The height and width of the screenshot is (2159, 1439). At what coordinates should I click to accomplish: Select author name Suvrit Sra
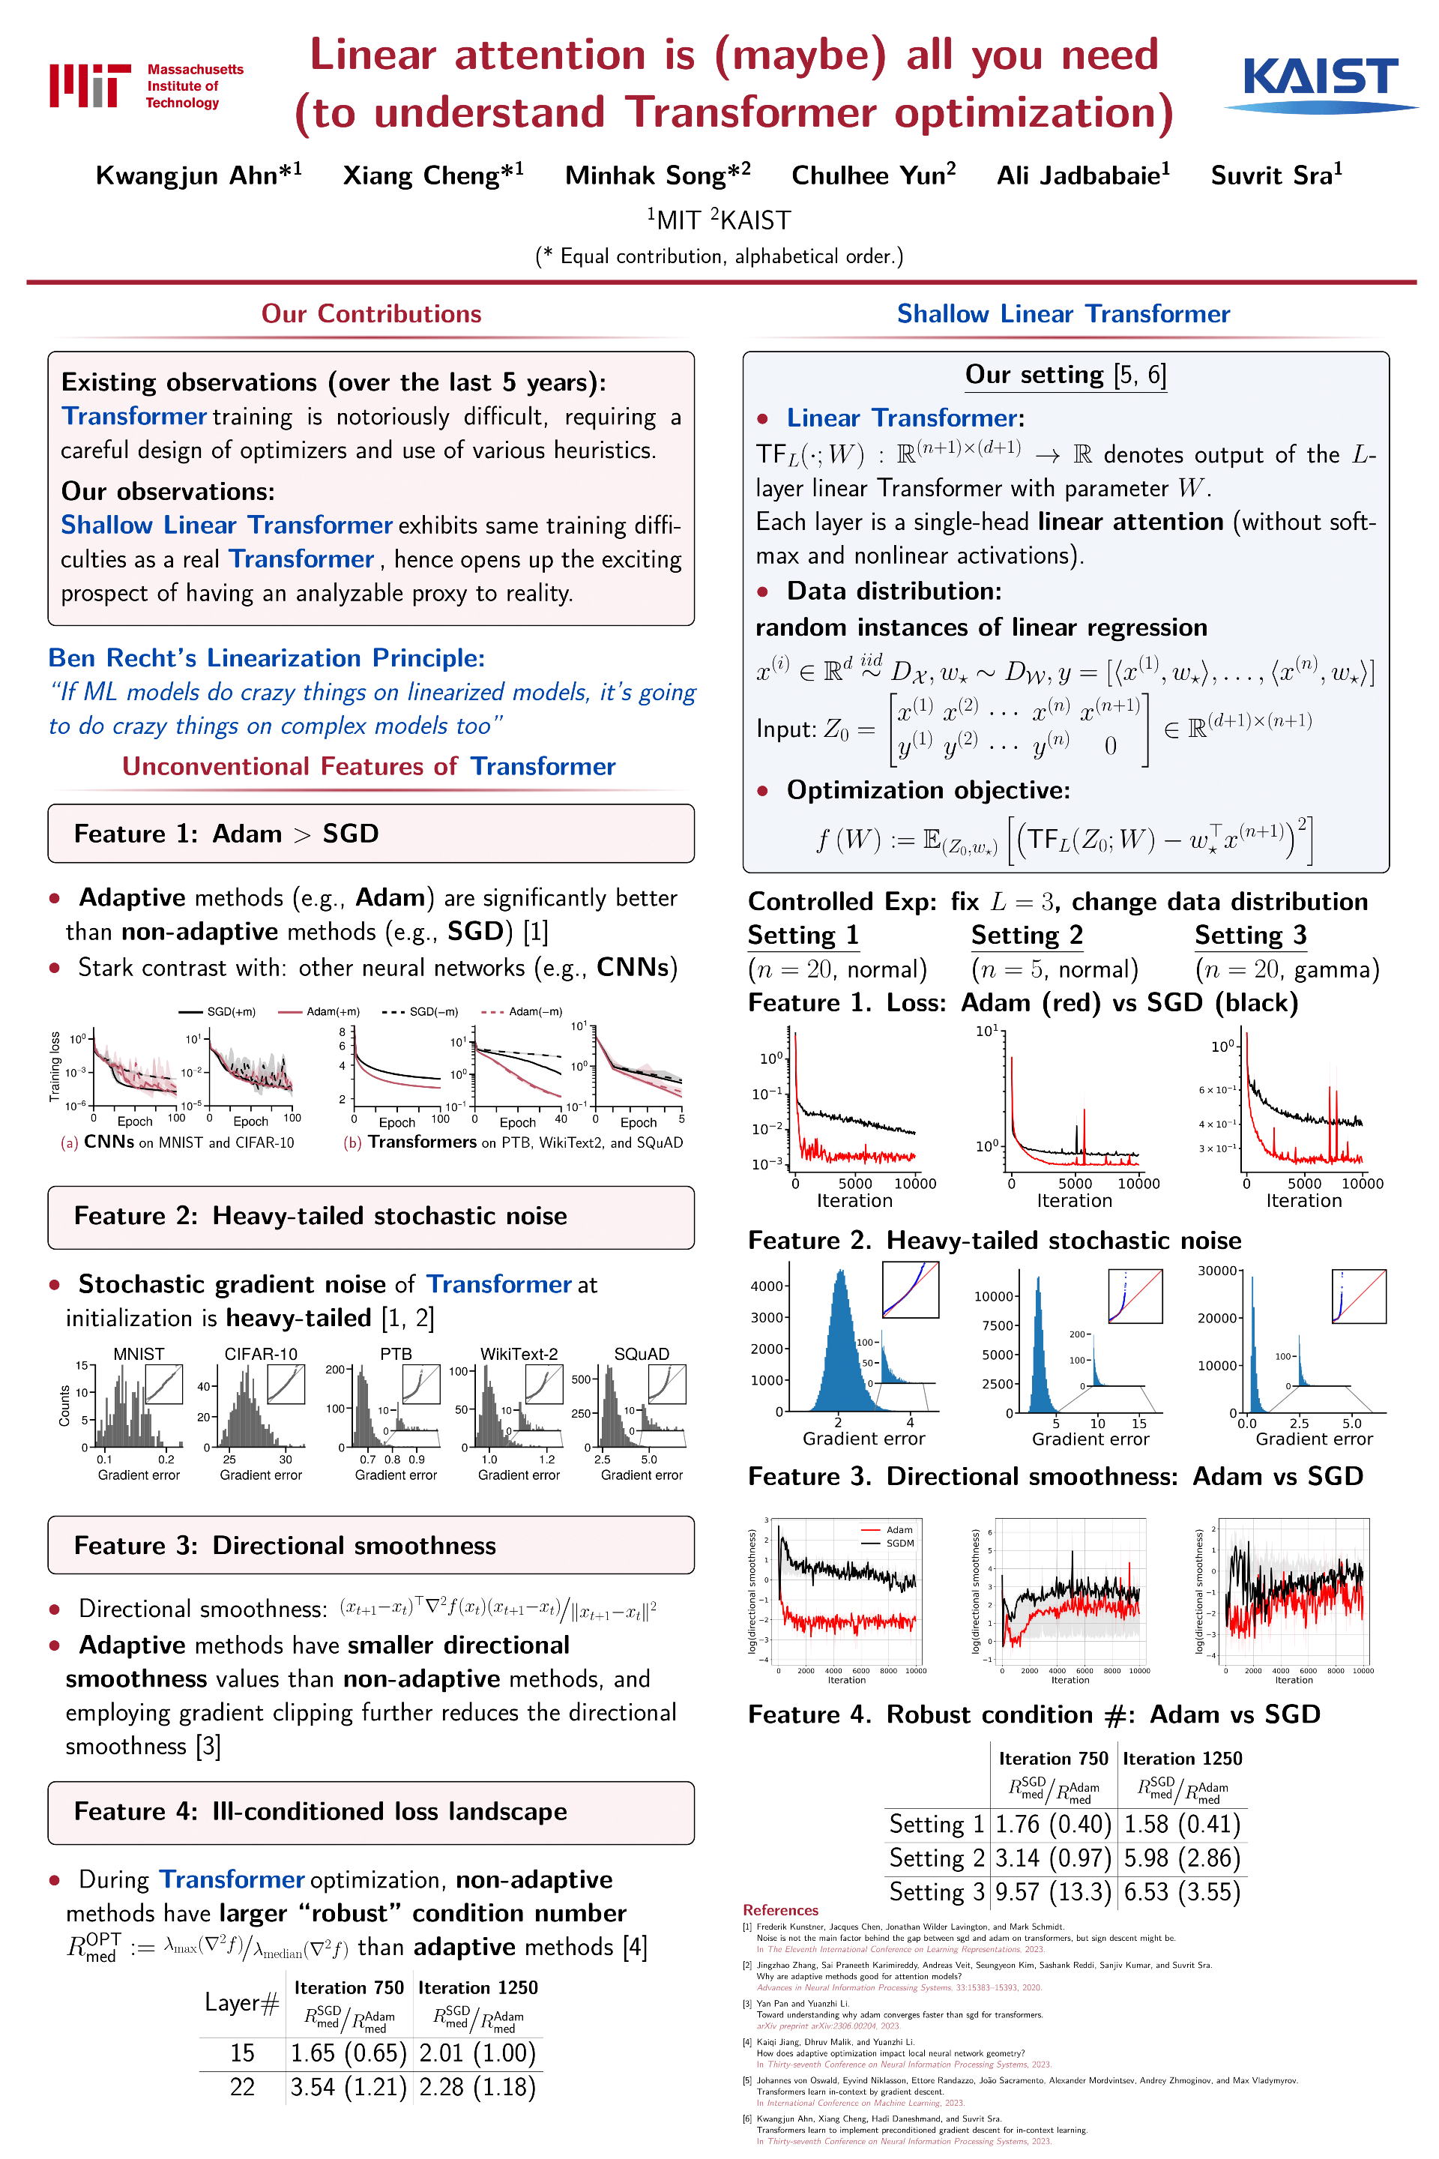1276,175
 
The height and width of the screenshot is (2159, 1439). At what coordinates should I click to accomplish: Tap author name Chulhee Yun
872,175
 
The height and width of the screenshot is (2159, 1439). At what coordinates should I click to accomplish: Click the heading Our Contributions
371,314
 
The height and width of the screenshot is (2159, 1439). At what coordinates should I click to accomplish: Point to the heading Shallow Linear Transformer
1063,314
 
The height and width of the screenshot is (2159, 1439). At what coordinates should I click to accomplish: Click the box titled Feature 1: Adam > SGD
371,834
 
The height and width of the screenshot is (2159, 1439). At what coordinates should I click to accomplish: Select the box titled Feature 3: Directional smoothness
371,1545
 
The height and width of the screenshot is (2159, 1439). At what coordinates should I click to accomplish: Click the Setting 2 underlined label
1027,936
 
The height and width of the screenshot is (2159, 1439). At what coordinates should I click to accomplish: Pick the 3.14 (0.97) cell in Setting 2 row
1052,1858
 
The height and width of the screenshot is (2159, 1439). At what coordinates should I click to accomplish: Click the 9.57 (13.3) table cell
1052,1892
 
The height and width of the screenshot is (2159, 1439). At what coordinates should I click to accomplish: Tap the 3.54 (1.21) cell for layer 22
348,2087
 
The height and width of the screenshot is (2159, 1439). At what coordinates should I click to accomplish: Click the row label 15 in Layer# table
242,2053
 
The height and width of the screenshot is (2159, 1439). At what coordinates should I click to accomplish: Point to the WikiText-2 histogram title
519,1354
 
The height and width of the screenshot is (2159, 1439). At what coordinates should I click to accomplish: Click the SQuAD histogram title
642,1354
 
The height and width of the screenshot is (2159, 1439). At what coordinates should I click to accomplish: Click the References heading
780,1910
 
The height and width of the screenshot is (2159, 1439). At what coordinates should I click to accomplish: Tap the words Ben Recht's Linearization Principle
266,658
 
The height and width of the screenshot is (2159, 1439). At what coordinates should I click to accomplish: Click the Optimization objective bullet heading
928,790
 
